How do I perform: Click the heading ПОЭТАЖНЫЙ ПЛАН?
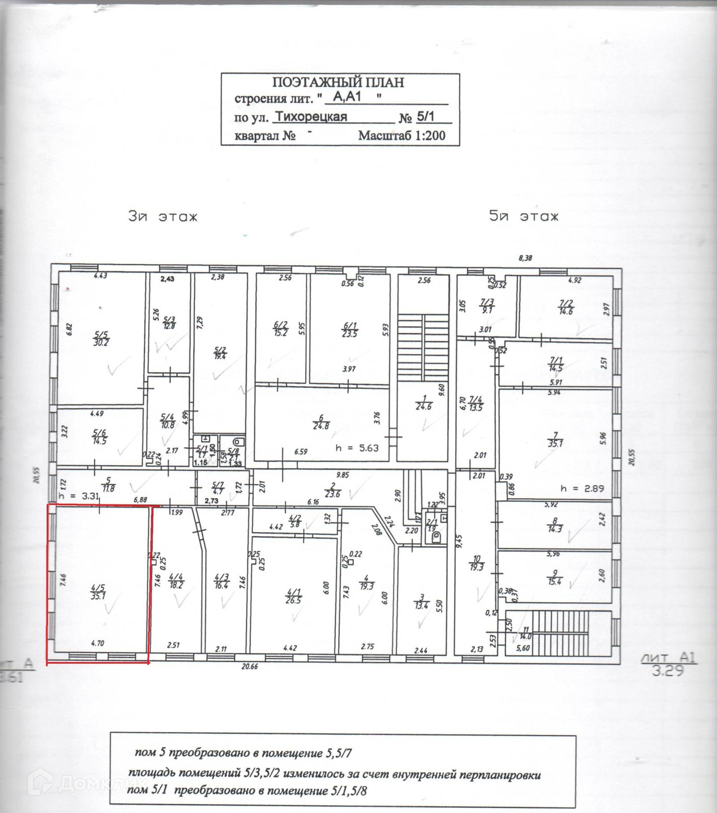point(338,82)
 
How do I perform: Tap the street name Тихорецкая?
point(311,117)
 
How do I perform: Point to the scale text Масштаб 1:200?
point(402,135)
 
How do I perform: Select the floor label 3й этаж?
point(163,217)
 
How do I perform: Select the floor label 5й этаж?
point(524,217)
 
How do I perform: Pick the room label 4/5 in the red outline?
point(98,592)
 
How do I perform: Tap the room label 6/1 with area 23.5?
point(349,329)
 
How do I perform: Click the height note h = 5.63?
point(357,447)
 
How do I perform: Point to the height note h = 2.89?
point(583,488)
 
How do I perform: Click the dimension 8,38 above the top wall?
point(525,258)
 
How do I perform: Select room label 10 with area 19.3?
point(476,563)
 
